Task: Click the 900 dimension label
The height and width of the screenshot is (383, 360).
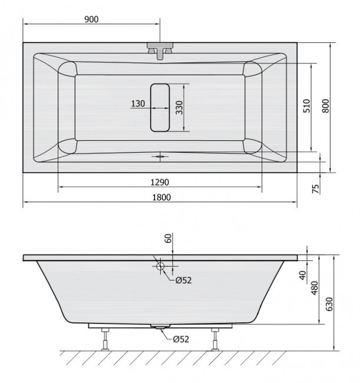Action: click(x=91, y=18)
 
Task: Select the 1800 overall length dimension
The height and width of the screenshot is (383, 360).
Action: click(x=160, y=198)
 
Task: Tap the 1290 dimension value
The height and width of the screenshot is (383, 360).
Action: click(x=160, y=181)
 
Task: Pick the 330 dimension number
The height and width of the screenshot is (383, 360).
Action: click(x=179, y=108)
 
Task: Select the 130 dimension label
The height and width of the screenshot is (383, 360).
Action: click(x=137, y=104)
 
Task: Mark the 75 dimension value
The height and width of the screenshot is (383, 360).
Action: click(x=315, y=189)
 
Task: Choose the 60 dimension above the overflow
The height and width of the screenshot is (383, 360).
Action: click(x=168, y=239)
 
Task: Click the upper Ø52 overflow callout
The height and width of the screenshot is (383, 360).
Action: click(x=184, y=280)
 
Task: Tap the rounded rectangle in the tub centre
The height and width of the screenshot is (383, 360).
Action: click(x=160, y=107)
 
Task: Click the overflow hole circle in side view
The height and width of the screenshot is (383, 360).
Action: click(x=160, y=266)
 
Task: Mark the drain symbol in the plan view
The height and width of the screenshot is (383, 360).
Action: click(x=160, y=157)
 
